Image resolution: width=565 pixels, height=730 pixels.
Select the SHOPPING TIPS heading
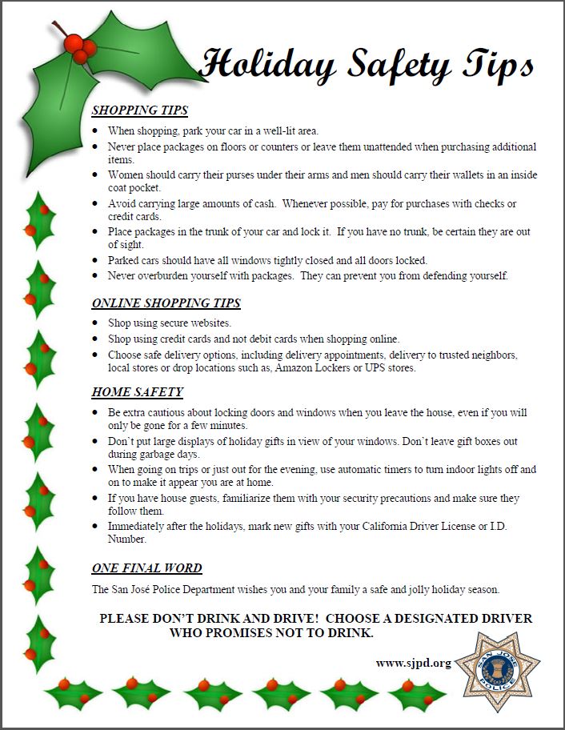(140, 110)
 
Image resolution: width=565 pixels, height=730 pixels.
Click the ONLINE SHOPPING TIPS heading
(166, 303)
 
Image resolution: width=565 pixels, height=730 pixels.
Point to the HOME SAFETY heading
(138, 392)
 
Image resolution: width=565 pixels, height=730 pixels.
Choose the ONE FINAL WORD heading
(146, 568)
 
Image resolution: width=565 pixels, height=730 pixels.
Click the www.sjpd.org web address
(414, 663)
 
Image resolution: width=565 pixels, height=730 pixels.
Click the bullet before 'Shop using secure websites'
(96, 323)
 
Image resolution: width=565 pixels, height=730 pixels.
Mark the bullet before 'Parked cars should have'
(96, 261)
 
